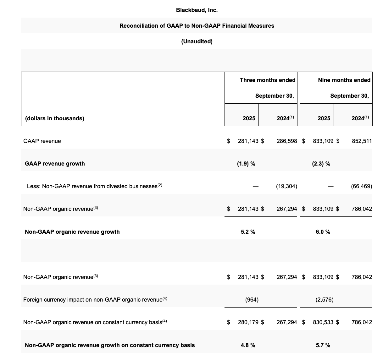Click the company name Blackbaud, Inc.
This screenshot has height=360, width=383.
click(x=197, y=10)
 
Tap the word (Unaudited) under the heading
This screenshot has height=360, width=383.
click(x=197, y=41)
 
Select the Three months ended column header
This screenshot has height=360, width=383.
click(x=267, y=80)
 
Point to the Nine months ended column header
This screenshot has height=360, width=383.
click(x=344, y=80)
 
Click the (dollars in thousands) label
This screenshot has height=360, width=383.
click(x=55, y=118)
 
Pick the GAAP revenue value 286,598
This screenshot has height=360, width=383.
click(x=286, y=141)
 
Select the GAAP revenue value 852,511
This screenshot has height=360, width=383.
click(x=362, y=141)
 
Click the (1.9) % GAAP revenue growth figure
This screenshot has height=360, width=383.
click(x=246, y=164)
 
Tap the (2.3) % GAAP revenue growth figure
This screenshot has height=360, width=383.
click(x=321, y=164)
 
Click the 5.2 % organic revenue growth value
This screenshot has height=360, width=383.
click(x=248, y=232)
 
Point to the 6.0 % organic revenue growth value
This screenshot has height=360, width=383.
click(x=323, y=232)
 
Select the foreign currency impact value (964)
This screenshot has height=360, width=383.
click(x=252, y=300)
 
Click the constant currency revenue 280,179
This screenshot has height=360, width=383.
click(x=248, y=322)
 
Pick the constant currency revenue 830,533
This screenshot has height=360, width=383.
click(x=323, y=322)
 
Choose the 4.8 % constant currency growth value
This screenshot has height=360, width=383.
click(x=248, y=345)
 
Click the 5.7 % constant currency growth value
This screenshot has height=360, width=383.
click(x=323, y=345)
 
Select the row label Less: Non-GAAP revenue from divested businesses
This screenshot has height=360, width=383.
click(x=94, y=186)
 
